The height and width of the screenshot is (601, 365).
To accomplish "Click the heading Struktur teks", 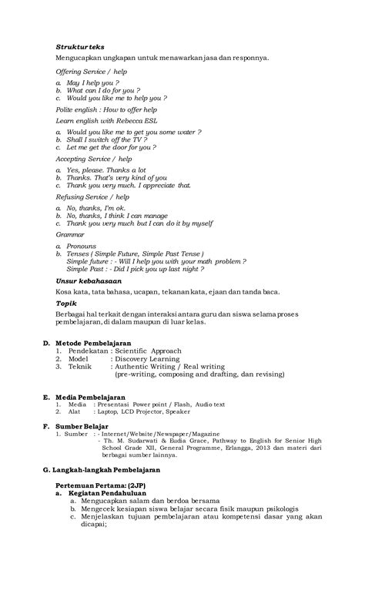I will click(x=80, y=46).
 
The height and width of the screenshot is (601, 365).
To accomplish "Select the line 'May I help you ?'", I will click(x=92, y=82).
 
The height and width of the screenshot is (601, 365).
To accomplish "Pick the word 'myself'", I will click(x=199, y=223).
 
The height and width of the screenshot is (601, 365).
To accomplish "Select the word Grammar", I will click(x=70, y=234).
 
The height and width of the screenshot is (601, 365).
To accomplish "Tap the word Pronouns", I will click(x=82, y=246).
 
